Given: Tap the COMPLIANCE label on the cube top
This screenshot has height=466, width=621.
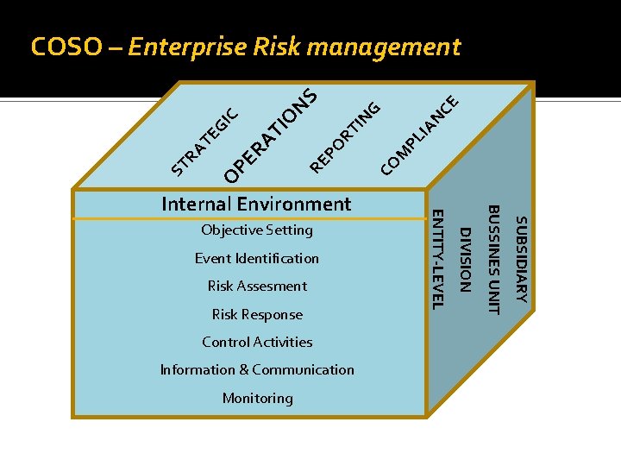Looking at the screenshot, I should point(419,132).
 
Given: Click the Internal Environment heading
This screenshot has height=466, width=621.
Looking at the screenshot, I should point(256,204).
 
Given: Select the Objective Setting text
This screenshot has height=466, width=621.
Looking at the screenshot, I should point(257,230).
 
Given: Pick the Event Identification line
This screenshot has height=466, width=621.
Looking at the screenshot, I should point(257,258).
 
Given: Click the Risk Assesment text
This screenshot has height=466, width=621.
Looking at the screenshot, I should point(257,286).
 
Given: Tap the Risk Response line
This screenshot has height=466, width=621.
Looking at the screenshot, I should point(257,314).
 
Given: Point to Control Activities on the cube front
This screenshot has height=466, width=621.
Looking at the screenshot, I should point(257,342).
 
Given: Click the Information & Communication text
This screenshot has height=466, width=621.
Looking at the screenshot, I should point(257,369).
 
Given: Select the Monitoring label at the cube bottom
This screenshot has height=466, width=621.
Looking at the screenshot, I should point(257,398).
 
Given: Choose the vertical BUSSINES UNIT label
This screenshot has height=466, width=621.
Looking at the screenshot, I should point(493,259).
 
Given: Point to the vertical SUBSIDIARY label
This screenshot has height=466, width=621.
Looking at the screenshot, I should point(520,259).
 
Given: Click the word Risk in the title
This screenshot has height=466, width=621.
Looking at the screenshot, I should point(278,47).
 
